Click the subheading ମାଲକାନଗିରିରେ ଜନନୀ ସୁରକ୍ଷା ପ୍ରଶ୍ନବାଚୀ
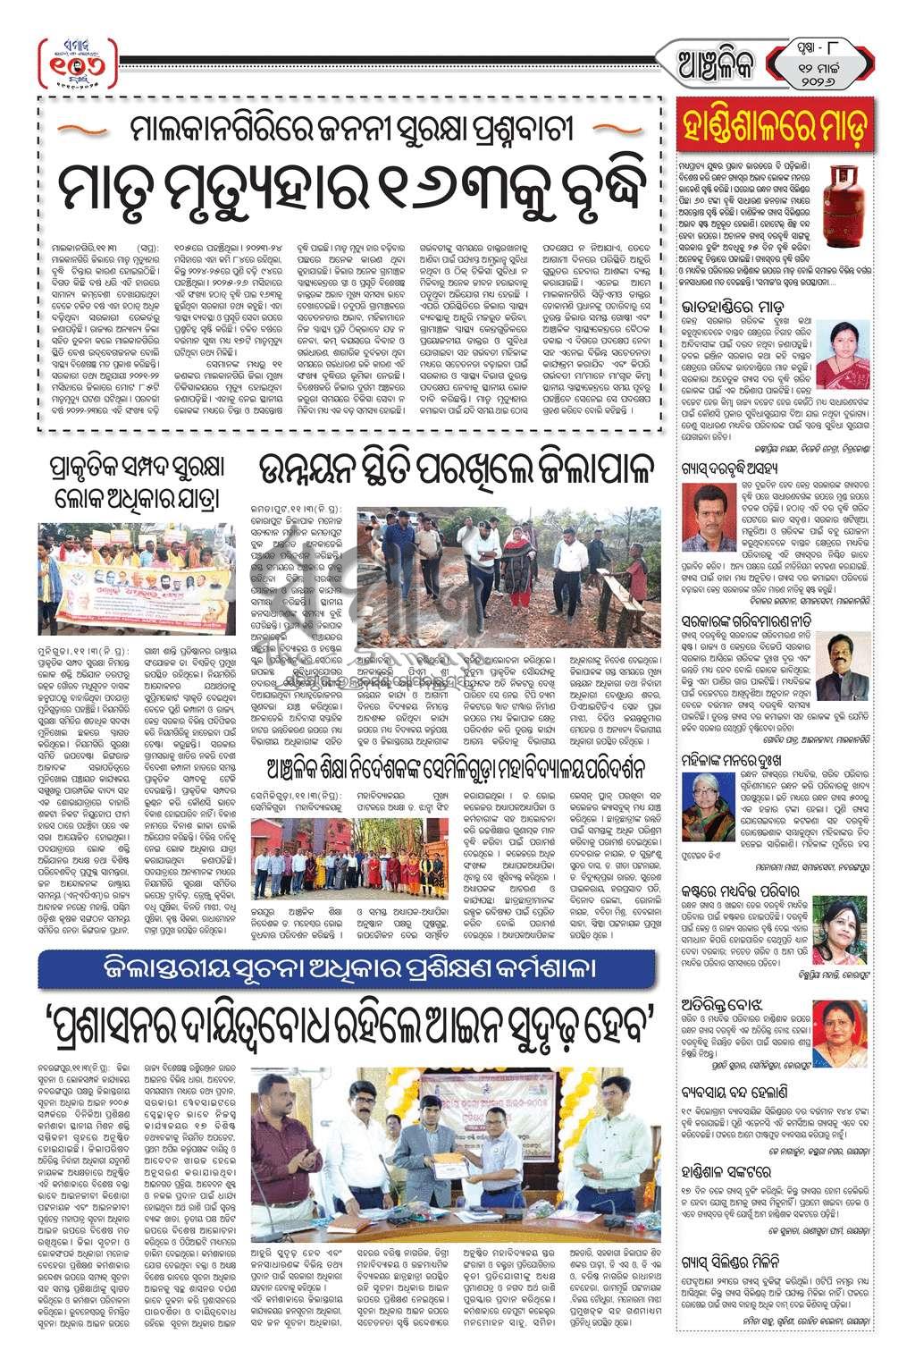point(348,132)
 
